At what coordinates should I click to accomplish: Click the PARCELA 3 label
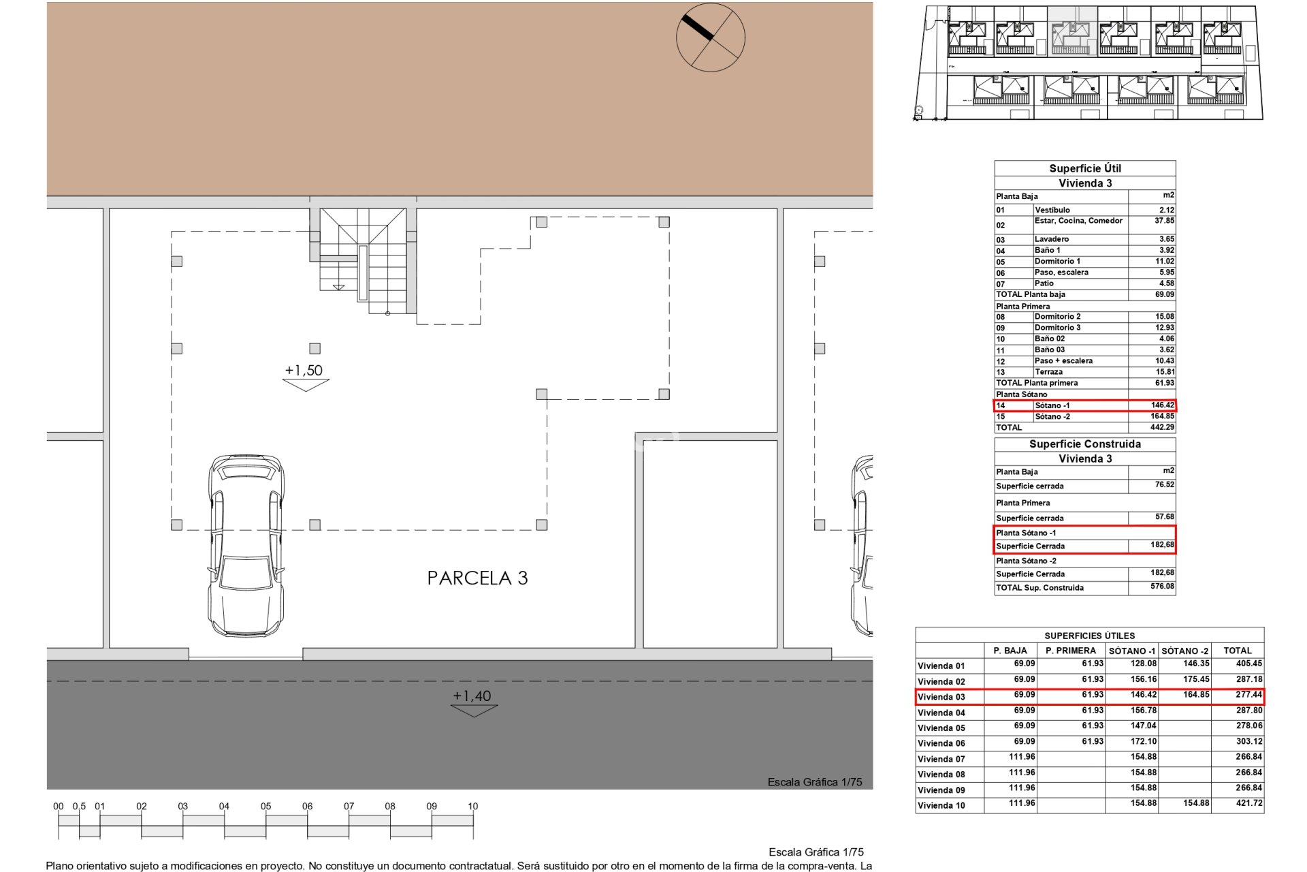[x=477, y=578]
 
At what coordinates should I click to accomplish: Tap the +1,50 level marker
[x=304, y=371]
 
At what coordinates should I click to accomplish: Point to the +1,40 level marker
[x=472, y=696]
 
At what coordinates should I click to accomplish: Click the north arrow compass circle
[x=710, y=37]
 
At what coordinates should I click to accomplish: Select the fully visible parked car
[x=246, y=546]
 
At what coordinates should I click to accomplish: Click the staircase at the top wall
[x=363, y=260]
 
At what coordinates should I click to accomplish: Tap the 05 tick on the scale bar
[x=265, y=807]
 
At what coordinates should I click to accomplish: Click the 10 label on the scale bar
[x=472, y=807]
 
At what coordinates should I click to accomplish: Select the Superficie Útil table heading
[x=1084, y=168]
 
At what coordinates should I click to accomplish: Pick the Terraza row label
[x=1048, y=372]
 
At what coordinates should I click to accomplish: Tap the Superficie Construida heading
[x=1084, y=444]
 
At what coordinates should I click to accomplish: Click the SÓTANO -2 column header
[x=1185, y=651]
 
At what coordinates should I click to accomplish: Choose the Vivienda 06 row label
[x=941, y=743]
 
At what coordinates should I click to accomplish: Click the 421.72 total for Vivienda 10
[x=1248, y=803]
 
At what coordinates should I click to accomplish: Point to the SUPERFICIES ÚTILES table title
[x=1089, y=636]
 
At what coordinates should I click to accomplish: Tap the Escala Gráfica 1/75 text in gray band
[x=815, y=782]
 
